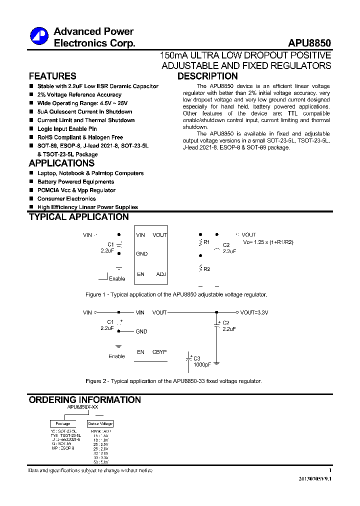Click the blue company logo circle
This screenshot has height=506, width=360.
39,36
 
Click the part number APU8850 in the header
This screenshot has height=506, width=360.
309,43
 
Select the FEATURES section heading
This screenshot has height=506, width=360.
52,76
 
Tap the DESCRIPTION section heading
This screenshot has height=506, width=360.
207,76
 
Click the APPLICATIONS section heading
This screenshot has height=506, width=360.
61,163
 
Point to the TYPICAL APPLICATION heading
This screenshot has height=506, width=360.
79,217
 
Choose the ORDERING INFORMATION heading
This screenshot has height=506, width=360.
85,400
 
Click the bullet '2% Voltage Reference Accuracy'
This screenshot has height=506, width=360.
79,94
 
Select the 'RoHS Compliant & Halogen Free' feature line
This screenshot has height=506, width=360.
80,137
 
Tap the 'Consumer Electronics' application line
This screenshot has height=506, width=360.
66,198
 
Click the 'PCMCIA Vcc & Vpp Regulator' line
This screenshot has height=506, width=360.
76,190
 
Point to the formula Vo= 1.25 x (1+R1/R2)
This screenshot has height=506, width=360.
268,242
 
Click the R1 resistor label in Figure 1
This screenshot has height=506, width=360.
206,242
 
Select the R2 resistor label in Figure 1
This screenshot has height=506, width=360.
206,269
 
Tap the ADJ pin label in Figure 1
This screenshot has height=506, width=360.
161,274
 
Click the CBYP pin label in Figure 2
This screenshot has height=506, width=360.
159,352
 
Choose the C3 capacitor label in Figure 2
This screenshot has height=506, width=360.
197,358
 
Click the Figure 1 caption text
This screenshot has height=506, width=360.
176,294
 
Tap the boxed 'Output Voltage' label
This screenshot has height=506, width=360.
100,423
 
